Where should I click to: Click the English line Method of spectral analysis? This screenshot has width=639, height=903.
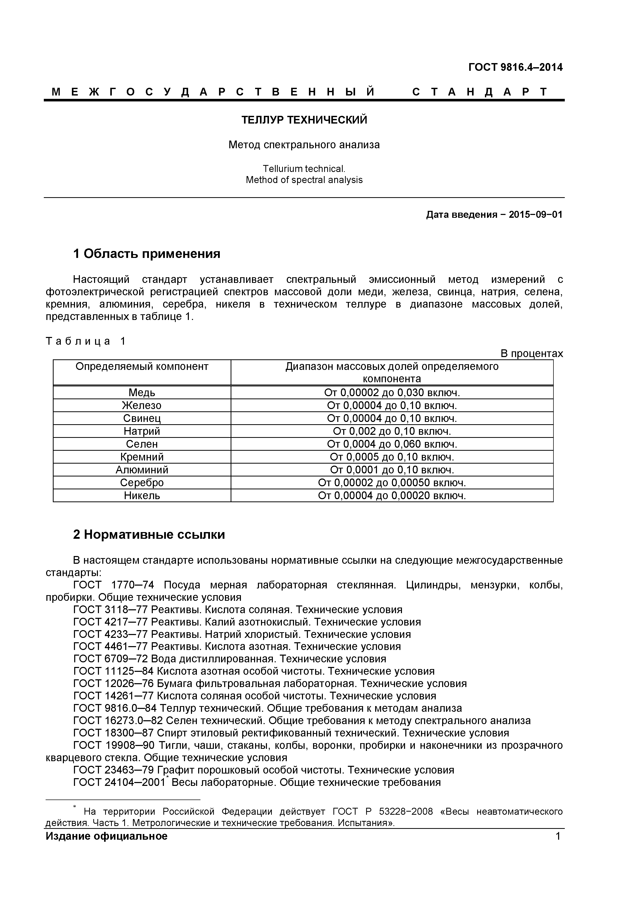pyautogui.click(x=304, y=180)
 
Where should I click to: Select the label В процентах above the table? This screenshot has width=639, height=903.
pyautogui.click(x=532, y=354)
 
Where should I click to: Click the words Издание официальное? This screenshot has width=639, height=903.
pyautogui.click(x=106, y=836)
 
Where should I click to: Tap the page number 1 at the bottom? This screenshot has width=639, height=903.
pyautogui.click(x=558, y=836)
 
